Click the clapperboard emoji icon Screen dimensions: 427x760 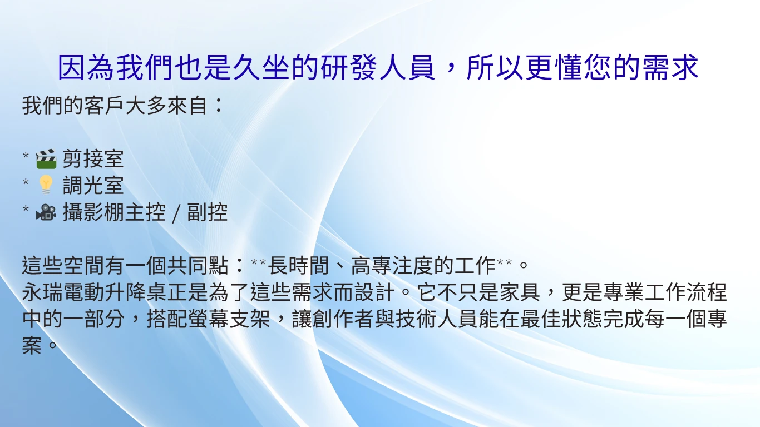click(x=46, y=159)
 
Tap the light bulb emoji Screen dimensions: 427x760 click(x=46, y=186)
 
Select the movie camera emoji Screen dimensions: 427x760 click(x=46, y=212)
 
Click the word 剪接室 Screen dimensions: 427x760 click(x=93, y=159)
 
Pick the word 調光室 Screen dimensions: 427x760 click(x=93, y=186)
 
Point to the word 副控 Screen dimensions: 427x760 click(x=208, y=212)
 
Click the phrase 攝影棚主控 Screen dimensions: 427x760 click(x=114, y=212)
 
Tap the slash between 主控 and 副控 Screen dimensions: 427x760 click(x=176, y=213)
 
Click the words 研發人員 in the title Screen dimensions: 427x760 click(x=378, y=68)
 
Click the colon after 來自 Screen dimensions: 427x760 click(x=218, y=105)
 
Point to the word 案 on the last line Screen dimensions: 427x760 click(x=32, y=346)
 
